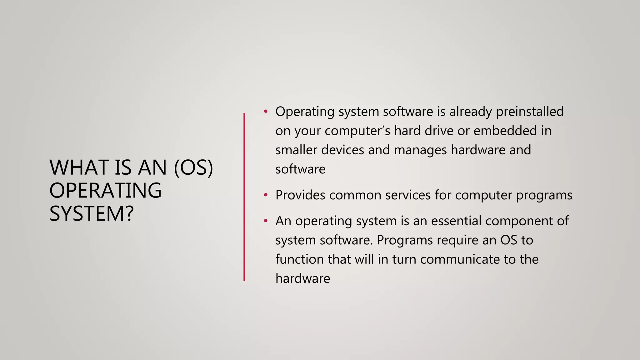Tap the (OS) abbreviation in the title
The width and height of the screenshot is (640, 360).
[193, 167]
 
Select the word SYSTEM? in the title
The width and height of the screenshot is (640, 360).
[92, 214]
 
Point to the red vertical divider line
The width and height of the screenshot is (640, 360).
[244, 197]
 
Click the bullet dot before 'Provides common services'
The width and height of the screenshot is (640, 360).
[266, 195]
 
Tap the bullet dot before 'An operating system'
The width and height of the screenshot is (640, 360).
[266, 221]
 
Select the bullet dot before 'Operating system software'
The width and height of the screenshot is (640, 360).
[266, 111]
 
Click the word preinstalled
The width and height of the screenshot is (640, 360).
[530, 112]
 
